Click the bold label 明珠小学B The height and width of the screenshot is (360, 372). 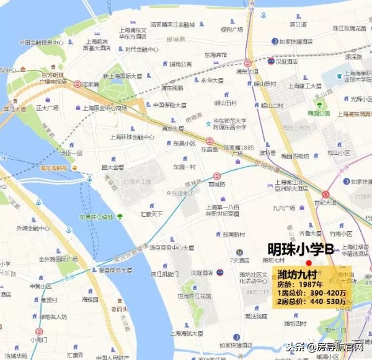[301, 248]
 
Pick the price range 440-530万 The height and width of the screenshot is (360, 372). [326, 303]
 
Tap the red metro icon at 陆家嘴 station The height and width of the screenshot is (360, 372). [77, 84]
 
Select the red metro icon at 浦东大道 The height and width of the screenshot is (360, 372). [247, 63]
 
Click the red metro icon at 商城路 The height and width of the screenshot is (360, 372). [216, 176]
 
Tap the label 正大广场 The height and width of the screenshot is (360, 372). [47, 108]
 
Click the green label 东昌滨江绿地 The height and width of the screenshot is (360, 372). [95, 217]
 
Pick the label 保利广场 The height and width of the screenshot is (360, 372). [231, 29]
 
